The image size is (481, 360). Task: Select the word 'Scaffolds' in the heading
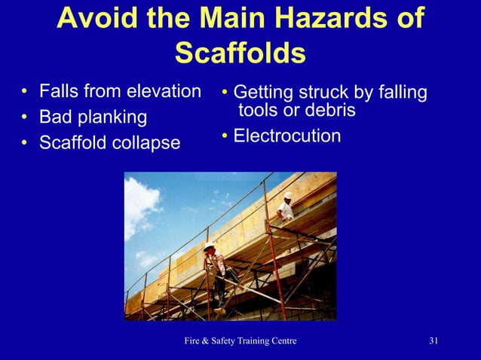tap(240, 53)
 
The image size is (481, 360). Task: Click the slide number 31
tap(434, 342)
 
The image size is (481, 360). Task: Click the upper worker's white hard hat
tap(288, 196)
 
